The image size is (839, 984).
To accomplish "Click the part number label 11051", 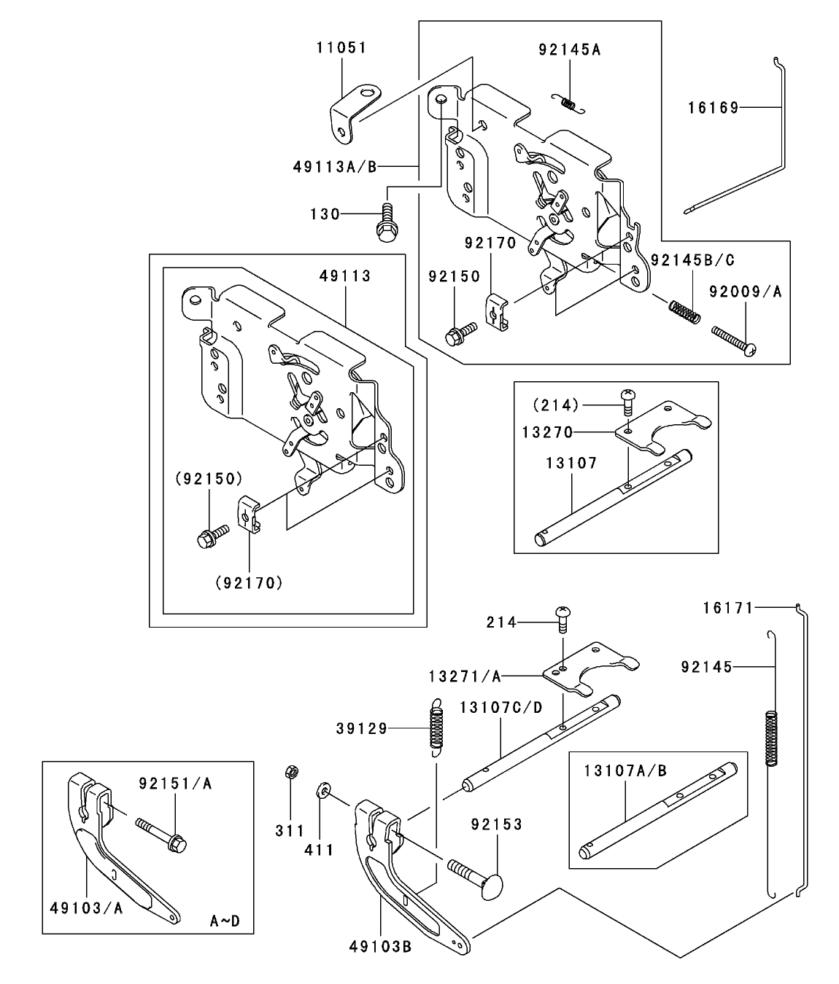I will [x=341, y=48].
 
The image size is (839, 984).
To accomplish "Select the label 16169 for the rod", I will [x=713, y=108].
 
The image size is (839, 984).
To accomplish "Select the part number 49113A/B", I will [x=335, y=167].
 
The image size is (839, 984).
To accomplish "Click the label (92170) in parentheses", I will [x=249, y=582].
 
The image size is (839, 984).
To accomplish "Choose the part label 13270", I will [x=547, y=432].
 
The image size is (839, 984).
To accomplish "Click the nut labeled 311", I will [x=290, y=771].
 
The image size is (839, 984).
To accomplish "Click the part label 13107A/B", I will [x=625, y=770].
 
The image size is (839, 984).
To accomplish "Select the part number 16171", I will [x=727, y=606].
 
